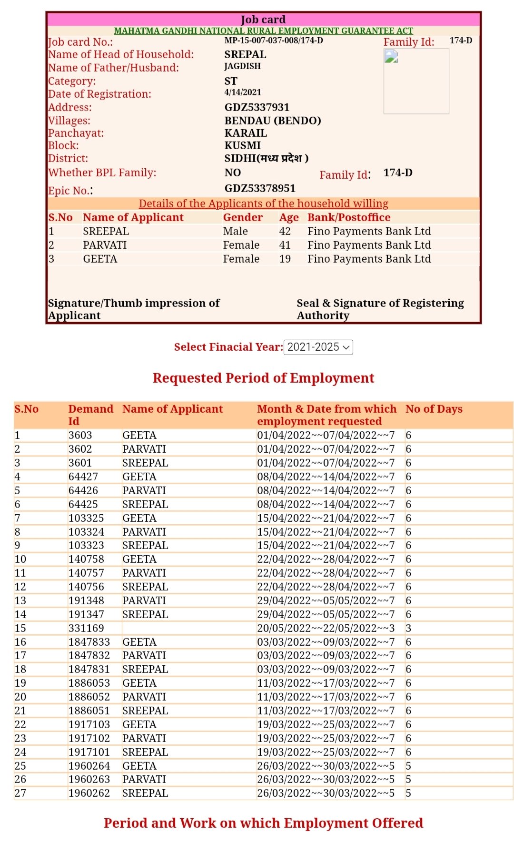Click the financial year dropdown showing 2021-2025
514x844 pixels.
pyautogui.click(x=318, y=347)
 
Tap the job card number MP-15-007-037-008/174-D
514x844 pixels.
pyautogui.click(x=274, y=41)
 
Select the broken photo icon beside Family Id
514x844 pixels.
pyautogui.click(x=391, y=57)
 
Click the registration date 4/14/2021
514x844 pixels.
pyautogui.click(x=243, y=92)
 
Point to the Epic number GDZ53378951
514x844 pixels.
pyautogui.click(x=260, y=188)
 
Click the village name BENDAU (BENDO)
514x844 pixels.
pyautogui.click(x=273, y=121)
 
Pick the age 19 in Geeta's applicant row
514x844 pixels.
pyautogui.click(x=285, y=259)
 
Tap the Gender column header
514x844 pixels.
pyautogui.click(x=243, y=217)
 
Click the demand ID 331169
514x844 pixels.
pyautogui.click(x=86, y=628)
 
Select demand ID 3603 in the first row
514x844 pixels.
pyautogui.click(x=80, y=435)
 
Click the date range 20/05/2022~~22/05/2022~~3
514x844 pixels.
pyautogui.click(x=326, y=628)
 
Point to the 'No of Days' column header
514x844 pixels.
pyautogui.click(x=434, y=409)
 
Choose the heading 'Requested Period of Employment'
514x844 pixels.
pyautogui.click(x=263, y=378)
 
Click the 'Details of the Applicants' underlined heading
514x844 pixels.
pyautogui.click(x=263, y=203)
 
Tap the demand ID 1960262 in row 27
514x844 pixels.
pyautogui.click(x=89, y=793)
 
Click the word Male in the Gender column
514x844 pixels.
pyautogui.click(x=236, y=231)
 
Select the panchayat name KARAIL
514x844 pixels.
pyautogui.click(x=246, y=133)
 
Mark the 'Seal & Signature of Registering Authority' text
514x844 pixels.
pyautogui.click(x=380, y=309)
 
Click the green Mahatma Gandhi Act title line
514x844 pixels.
pyautogui.click(x=263, y=31)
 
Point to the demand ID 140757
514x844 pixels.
pyautogui.click(x=86, y=573)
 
